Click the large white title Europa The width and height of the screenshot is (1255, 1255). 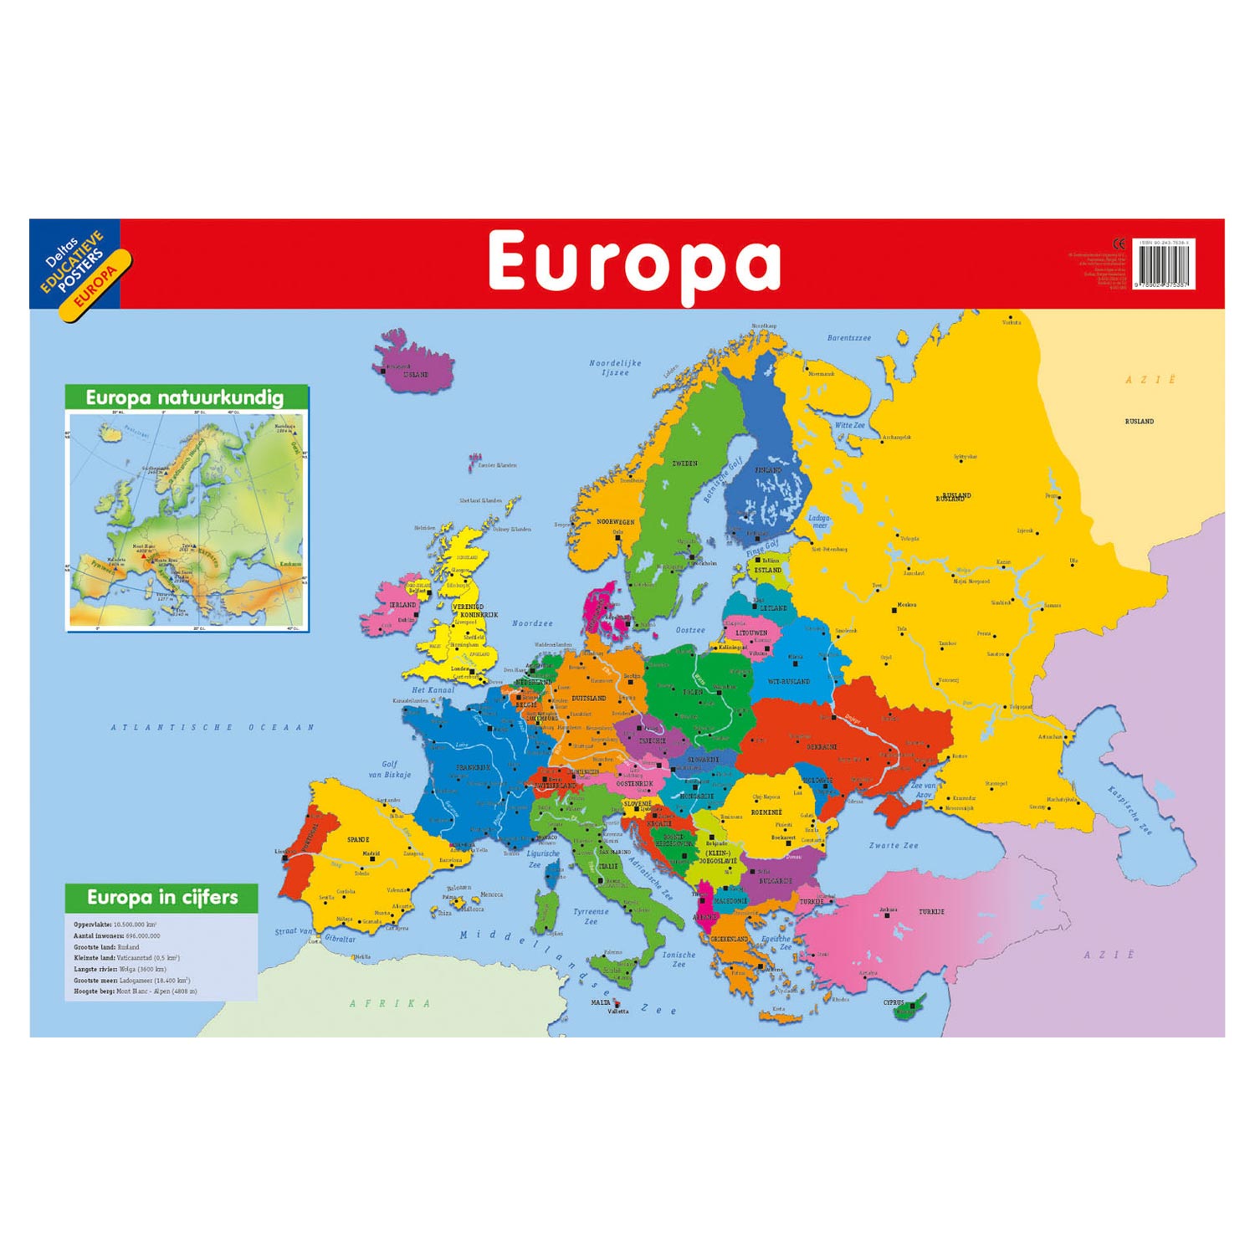tap(634, 263)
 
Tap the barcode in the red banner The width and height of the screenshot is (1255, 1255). tap(1164, 266)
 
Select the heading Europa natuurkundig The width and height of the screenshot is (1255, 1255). tap(185, 398)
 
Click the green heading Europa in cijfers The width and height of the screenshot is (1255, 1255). tap(162, 898)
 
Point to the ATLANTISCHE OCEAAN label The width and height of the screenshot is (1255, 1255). tap(213, 728)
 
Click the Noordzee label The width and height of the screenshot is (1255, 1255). tap(532, 623)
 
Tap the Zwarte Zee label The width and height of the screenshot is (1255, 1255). tap(894, 845)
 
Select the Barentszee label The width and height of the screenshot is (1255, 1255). tap(849, 339)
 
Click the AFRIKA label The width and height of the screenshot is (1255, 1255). tap(391, 1003)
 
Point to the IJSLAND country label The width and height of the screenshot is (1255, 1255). tap(416, 375)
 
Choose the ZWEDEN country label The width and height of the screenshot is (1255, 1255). tap(684, 464)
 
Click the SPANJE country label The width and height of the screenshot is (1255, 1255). tap(358, 839)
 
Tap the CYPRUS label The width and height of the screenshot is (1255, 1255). tap(894, 1002)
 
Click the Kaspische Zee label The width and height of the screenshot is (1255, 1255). tap(1129, 810)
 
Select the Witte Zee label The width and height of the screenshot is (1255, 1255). tap(849, 425)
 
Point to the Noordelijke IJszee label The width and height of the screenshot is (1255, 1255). tap(615, 368)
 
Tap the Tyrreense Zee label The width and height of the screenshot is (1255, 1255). tap(591, 916)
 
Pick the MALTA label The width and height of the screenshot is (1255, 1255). tap(601, 1002)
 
